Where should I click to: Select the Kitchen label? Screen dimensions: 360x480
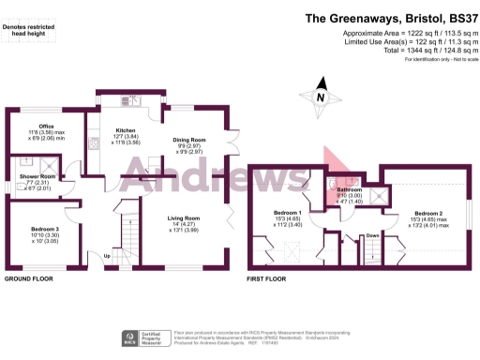pyautogui.click(x=126, y=130)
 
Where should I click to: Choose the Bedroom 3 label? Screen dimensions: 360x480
pyautogui.click(x=45, y=229)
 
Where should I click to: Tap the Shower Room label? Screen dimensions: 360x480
pyautogui.click(x=39, y=175)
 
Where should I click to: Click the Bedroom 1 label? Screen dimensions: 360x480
pyautogui.click(x=287, y=213)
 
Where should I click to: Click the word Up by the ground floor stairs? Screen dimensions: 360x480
pyautogui.click(x=107, y=255)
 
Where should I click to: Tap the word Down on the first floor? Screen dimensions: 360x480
pyautogui.click(x=372, y=235)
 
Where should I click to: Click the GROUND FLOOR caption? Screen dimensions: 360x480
pyautogui.click(x=30, y=279)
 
